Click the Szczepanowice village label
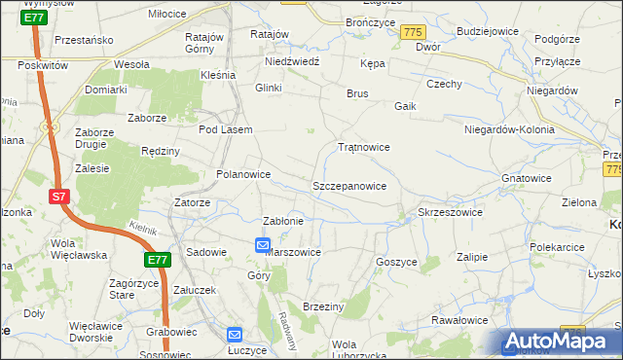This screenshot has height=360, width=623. tap(349, 185)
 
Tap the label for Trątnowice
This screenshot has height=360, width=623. tap(363, 147)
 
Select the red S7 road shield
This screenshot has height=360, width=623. tap(59, 197)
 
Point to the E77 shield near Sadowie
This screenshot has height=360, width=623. tap(158, 261)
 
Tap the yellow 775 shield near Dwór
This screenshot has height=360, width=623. tap(413, 32)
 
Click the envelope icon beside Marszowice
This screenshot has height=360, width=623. tap(263, 246)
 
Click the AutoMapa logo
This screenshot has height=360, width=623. tap(560, 341)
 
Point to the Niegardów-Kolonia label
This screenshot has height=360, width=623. tap(509, 129)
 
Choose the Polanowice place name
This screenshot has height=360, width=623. tap(242, 175)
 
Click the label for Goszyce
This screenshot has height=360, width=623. tap(396, 262)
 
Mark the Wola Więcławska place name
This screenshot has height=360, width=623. tap(78, 249)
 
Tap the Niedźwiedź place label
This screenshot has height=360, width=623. tap(292, 59)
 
